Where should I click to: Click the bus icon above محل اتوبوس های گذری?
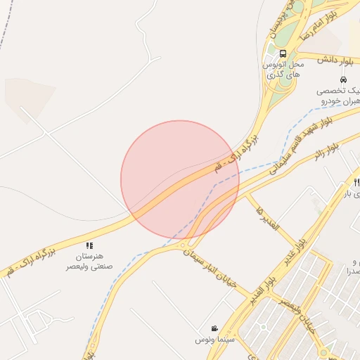coord(283,53)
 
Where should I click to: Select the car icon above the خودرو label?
coord(342,79)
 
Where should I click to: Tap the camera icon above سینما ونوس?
coord(214,328)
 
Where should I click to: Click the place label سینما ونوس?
coord(214,340)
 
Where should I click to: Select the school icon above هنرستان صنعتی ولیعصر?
coord(89,245)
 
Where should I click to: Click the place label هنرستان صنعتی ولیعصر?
coord(89,262)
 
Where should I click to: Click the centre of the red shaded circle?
coord(180,180)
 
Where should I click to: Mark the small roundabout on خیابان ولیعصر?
coord(264,326)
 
